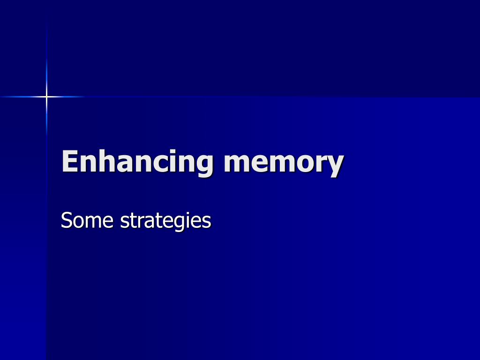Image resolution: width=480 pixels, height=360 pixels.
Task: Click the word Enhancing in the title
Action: [x=137, y=162]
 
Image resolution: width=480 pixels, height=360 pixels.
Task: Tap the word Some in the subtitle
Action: [x=87, y=220]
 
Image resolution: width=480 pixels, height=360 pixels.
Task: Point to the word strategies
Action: [x=165, y=221]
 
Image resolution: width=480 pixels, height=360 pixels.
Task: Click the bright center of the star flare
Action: [x=46, y=97]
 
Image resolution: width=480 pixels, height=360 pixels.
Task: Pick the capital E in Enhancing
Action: [x=70, y=161]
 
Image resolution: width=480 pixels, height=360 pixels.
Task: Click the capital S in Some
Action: [x=66, y=220]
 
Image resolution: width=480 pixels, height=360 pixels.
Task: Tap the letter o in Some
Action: [x=79, y=222]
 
